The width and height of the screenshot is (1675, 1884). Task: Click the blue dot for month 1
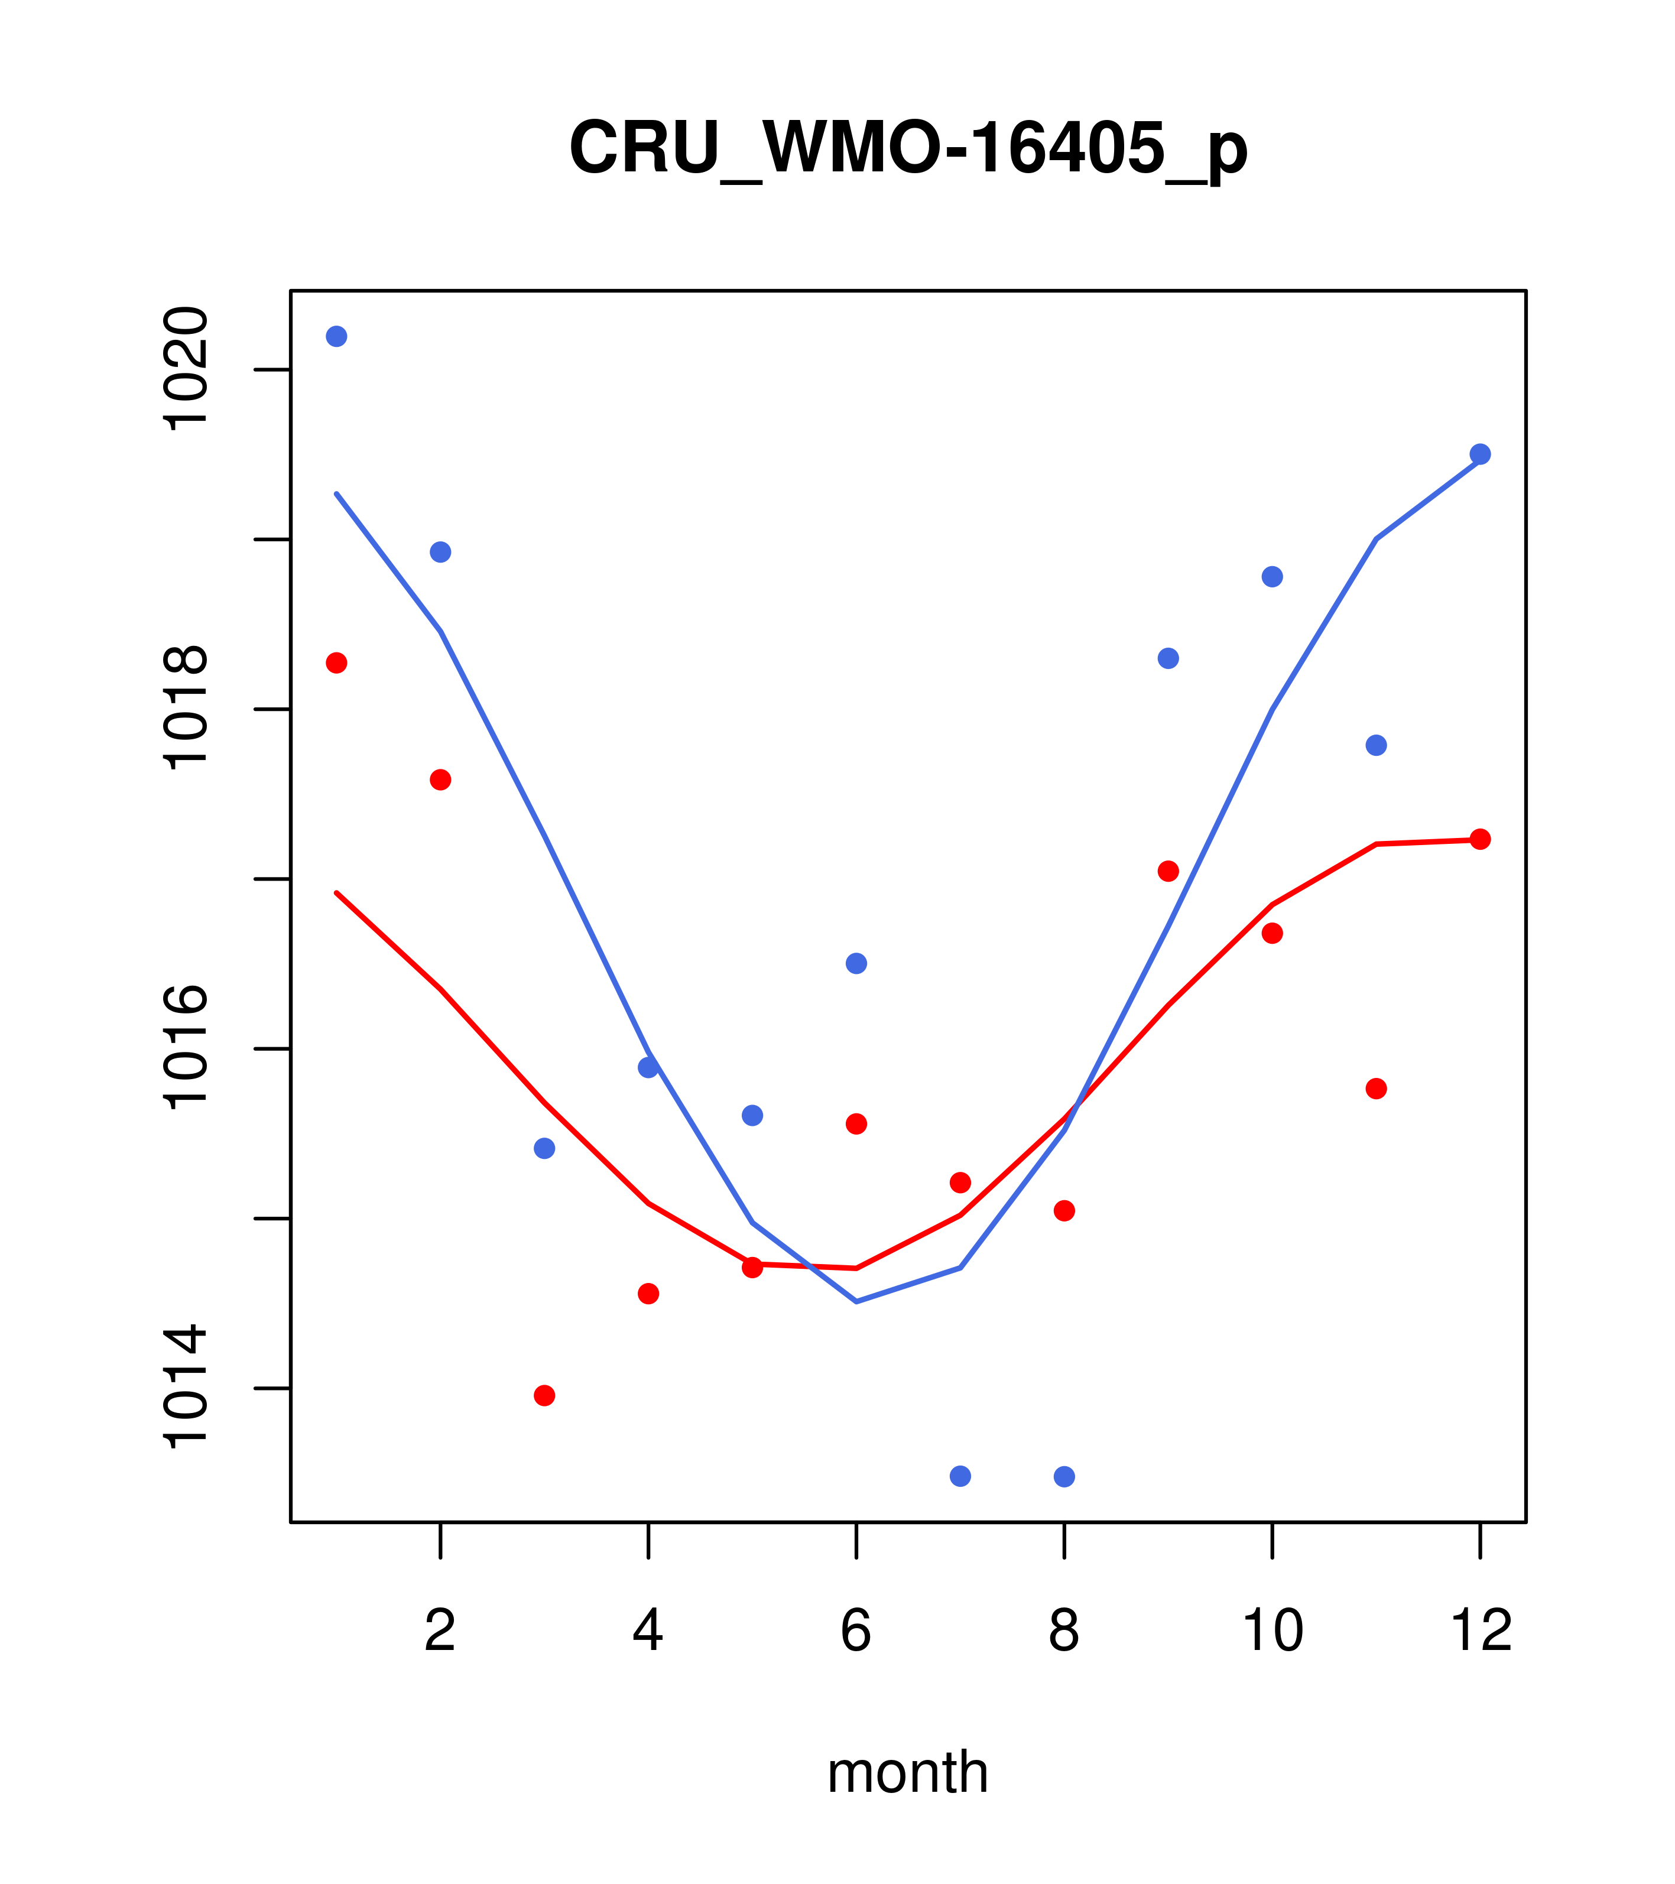point(336,336)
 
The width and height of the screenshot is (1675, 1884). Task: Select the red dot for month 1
point(336,662)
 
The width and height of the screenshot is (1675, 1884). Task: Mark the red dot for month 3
point(545,1395)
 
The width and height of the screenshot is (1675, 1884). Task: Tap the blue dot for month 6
point(856,963)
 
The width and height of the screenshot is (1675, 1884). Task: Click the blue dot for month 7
point(960,1477)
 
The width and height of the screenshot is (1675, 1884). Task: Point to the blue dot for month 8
point(1064,1477)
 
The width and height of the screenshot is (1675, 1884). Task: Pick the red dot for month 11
point(1377,1089)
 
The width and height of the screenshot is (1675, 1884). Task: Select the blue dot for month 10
point(1272,577)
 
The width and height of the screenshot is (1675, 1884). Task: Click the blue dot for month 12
point(1481,454)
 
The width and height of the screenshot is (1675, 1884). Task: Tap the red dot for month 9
point(1168,871)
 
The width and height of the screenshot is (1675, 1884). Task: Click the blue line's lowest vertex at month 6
point(856,1301)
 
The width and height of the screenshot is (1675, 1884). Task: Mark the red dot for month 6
point(856,1123)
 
